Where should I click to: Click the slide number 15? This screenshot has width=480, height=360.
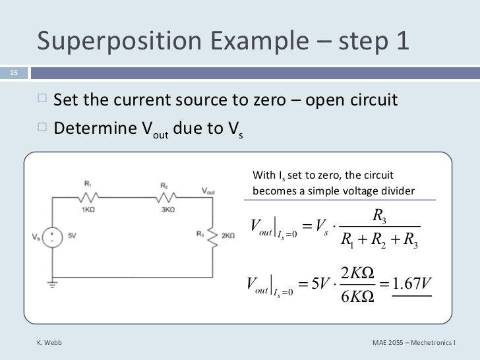click(x=13, y=73)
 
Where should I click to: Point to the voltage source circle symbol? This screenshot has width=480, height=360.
click(x=53, y=236)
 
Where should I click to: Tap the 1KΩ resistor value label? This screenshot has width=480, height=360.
click(x=88, y=209)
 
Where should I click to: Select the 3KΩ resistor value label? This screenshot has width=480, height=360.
click(x=167, y=209)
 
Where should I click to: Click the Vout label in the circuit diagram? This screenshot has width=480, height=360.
click(x=208, y=191)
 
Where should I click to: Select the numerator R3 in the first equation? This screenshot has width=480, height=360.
click(x=378, y=215)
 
